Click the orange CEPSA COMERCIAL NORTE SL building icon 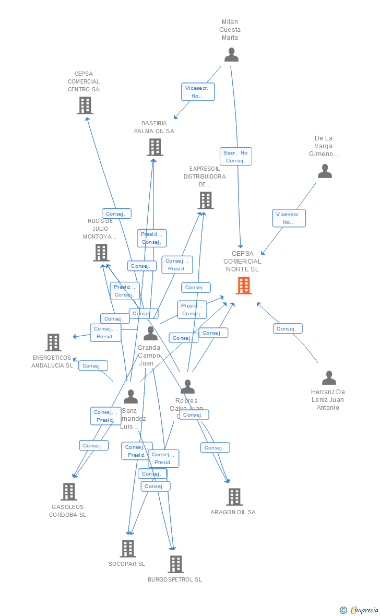(243, 286)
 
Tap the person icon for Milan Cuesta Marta (231, 55)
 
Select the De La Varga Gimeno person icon (325, 171)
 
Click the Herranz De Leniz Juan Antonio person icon (329, 378)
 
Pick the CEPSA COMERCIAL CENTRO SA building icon (85, 105)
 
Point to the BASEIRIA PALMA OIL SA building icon (155, 147)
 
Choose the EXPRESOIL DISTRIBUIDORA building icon (205, 200)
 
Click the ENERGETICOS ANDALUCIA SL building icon (53, 342)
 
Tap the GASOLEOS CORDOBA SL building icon (69, 492)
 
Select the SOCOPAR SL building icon (128, 549)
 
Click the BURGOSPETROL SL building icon (176, 564)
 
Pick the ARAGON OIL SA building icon (234, 497)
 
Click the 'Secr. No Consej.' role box (235, 157)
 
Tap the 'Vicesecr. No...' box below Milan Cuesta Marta (197, 92)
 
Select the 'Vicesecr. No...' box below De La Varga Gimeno (289, 218)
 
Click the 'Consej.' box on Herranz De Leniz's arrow (287, 328)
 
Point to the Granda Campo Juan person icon (150, 334)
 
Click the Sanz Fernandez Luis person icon (130, 397)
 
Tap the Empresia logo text (363, 610)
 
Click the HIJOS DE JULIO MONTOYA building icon (101, 253)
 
